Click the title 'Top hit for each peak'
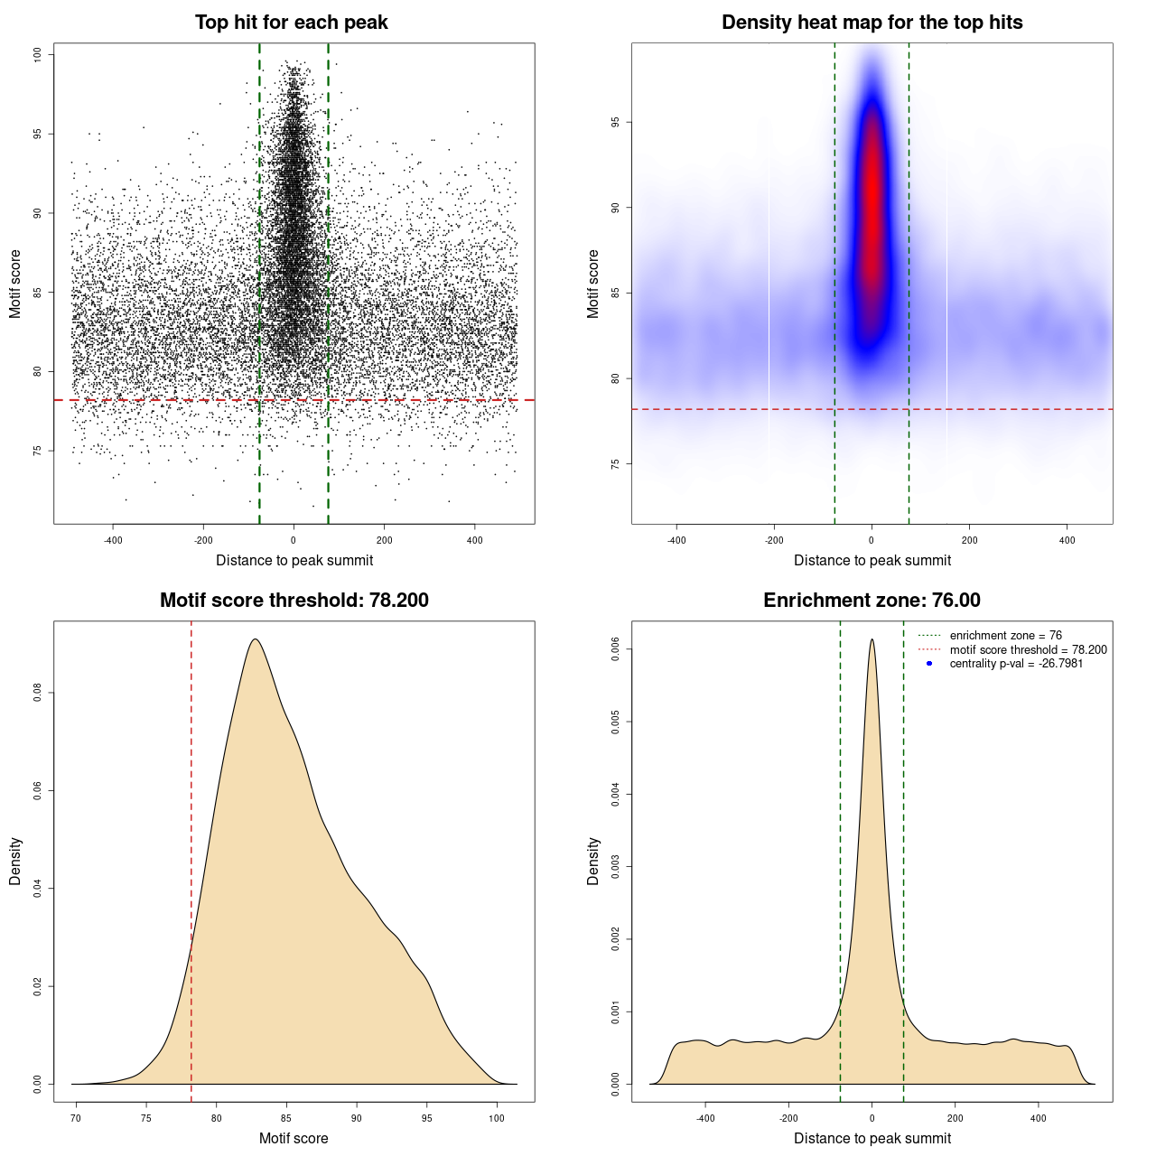[x=291, y=23]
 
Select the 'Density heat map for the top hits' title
[x=872, y=23]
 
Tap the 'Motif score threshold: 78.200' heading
[x=294, y=601]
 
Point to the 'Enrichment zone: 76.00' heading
[x=872, y=601]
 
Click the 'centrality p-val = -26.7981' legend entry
[x=1016, y=664]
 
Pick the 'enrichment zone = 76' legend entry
[x=1005, y=636]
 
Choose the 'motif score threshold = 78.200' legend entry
[x=1028, y=650]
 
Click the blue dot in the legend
[x=929, y=664]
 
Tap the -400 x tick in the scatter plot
[x=113, y=540]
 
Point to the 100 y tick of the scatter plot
[x=37, y=55]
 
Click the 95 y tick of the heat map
[x=615, y=122]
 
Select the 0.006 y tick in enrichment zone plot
[x=615, y=649]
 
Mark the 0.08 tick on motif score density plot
[x=37, y=693]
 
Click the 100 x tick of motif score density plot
[x=497, y=1118]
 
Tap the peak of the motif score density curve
[x=256, y=639]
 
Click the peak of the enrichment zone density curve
[x=872, y=639]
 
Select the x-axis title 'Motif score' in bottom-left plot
[x=294, y=1138]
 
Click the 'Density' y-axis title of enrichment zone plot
[x=593, y=861]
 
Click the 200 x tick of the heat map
[x=969, y=540]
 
